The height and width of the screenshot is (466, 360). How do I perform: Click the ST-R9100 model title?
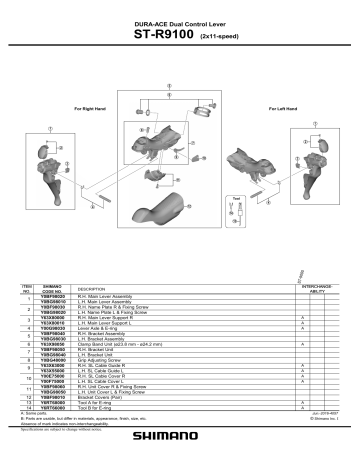pos(162,36)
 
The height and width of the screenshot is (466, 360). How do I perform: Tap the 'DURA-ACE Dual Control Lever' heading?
pos(180,22)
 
